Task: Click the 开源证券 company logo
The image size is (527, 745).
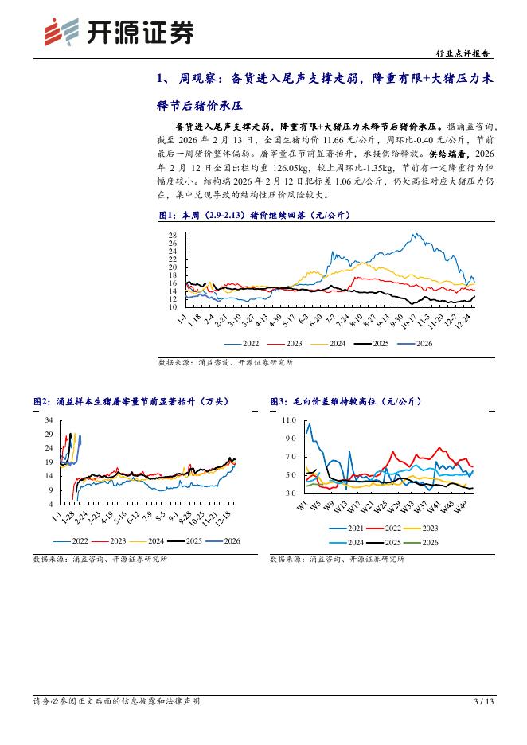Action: (118, 32)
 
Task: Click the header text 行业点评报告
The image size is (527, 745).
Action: (465, 53)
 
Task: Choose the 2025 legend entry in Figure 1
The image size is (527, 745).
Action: (376, 344)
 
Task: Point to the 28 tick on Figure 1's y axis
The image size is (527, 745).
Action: (172, 236)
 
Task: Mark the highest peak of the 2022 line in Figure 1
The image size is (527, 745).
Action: (417, 235)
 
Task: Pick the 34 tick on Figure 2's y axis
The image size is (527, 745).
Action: (49, 420)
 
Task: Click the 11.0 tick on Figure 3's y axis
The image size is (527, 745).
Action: (290, 419)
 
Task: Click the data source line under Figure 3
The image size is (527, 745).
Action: (337, 560)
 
